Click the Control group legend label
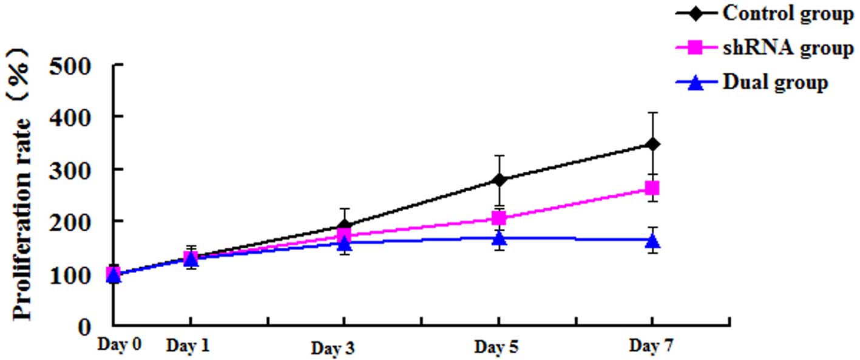point(787,14)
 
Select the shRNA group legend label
point(787,48)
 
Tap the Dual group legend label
point(775,82)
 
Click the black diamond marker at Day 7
point(652,144)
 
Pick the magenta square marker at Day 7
point(652,188)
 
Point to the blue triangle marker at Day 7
point(652,241)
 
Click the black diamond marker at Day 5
point(499,180)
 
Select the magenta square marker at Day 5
point(499,218)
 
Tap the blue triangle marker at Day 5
point(499,238)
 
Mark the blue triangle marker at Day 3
point(344,243)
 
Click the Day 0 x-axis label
point(120,345)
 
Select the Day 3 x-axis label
point(333,348)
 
